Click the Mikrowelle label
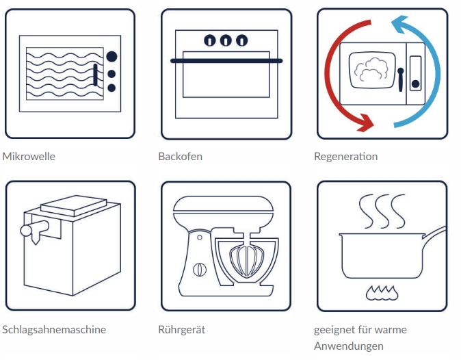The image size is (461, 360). tap(29, 156)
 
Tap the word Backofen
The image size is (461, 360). tap(180, 156)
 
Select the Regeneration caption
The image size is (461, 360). tap(345, 156)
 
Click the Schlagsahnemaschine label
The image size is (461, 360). tap(55, 329)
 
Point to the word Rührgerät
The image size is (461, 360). tap(181, 329)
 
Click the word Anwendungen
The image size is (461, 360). tap(349, 346)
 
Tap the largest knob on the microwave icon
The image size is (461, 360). tap(112, 57)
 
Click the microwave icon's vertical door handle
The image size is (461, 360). tap(95, 75)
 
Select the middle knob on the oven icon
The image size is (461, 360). tap(226, 40)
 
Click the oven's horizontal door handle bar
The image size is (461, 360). tap(226, 61)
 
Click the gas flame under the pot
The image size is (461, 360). tap(382, 293)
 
